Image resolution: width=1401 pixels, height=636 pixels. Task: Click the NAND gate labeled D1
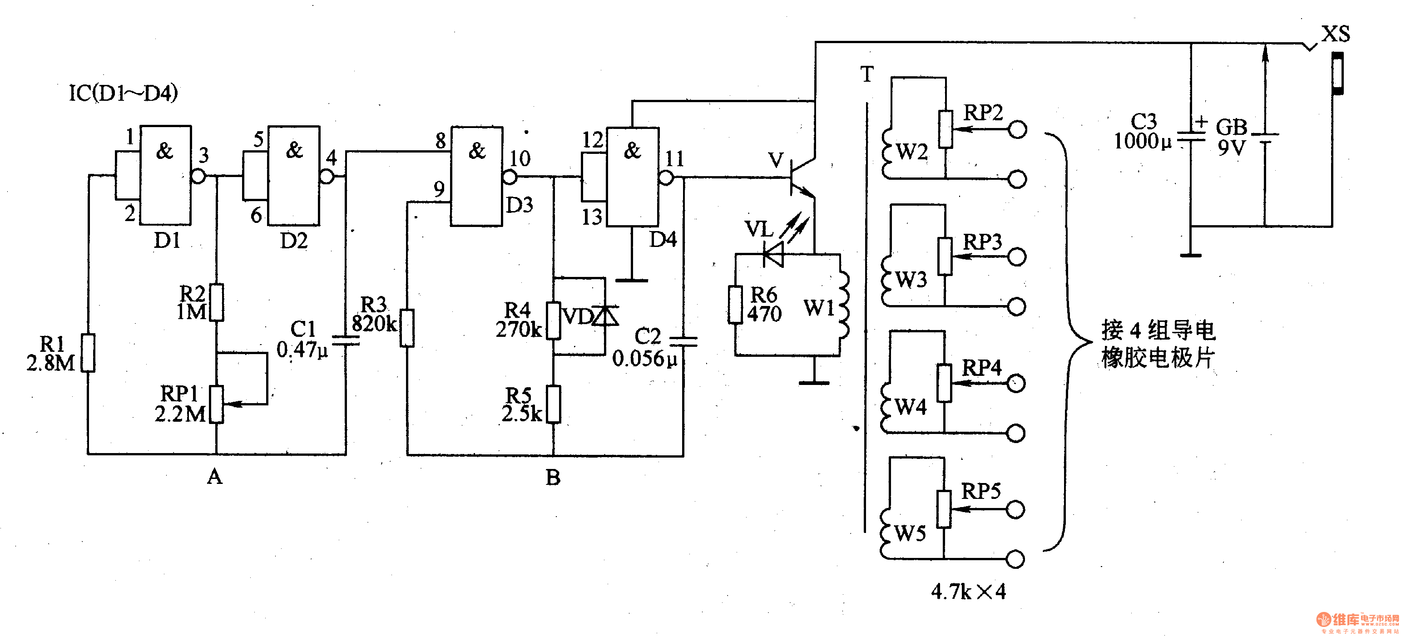click(x=165, y=175)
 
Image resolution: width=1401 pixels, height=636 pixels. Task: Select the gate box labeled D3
click(x=476, y=176)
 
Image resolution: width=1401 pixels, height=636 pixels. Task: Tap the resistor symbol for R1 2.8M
click(x=88, y=353)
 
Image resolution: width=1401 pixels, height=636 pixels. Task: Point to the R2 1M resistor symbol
click(x=217, y=302)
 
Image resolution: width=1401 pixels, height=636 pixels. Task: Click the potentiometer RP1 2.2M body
click(x=217, y=404)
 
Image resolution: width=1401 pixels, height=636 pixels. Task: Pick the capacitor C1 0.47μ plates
click(x=346, y=340)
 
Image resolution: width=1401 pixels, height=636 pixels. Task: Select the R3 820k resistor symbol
click(x=407, y=328)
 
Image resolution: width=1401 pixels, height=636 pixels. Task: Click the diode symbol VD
click(x=605, y=316)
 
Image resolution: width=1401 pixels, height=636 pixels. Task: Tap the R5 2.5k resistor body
click(x=554, y=404)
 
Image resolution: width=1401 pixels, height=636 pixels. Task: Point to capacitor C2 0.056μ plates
click(x=683, y=341)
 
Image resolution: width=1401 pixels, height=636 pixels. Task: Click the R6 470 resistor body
click(x=735, y=305)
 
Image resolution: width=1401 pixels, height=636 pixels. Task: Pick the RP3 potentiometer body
click(x=945, y=256)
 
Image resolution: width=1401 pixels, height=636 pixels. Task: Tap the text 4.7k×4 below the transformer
click(x=969, y=592)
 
